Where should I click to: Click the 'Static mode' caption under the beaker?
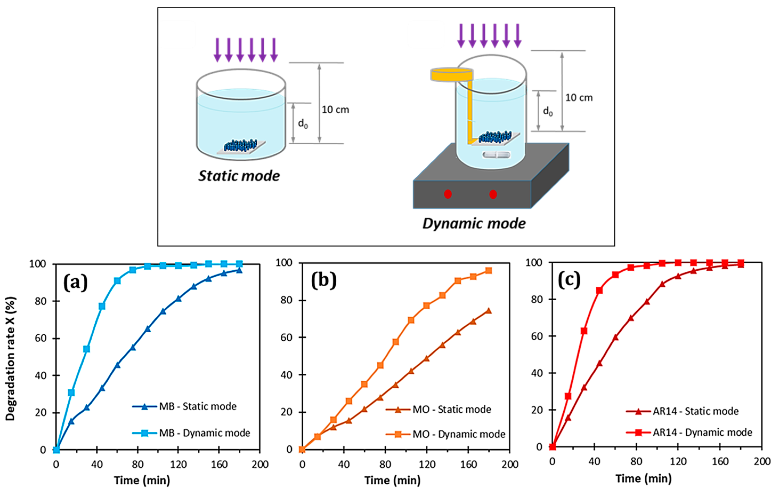[x=239, y=176]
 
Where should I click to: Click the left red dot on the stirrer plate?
[x=448, y=194]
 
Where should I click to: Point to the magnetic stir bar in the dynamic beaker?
[x=496, y=155]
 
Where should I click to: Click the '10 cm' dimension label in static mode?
[x=335, y=110]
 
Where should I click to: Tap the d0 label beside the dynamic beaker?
[x=548, y=111]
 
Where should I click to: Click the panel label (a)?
[x=75, y=283]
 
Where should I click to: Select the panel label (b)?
[x=323, y=280]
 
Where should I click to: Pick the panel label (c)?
[x=569, y=280]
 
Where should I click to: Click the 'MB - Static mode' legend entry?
[x=197, y=406]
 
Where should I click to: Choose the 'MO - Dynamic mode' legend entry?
[x=458, y=434]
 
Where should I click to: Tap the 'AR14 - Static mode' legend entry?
[x=695, y=411]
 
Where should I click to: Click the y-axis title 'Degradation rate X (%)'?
[x=10, y=358]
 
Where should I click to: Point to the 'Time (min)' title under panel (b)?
[x=392, y=480]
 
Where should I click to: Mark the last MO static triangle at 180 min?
[x=489, y=311]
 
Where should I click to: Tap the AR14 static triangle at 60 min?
[x=615, y=337]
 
